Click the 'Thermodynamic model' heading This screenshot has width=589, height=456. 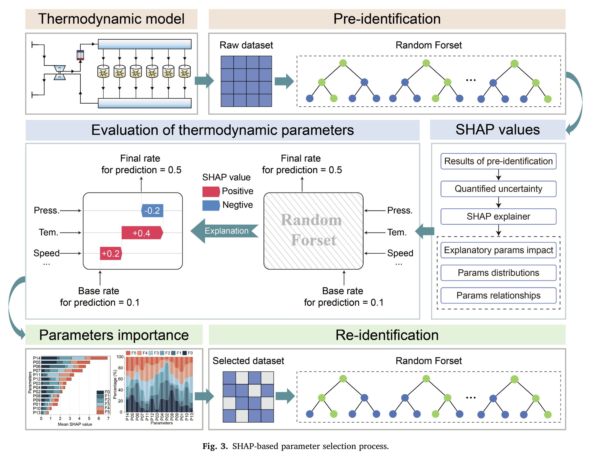111,19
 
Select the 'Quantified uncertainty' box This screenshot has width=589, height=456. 498,189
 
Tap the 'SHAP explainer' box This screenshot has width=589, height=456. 498,216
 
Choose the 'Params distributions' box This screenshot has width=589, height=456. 498,273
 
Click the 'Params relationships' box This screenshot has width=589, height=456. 498,296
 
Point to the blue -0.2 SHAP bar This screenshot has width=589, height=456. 152,211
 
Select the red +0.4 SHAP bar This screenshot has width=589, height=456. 142,233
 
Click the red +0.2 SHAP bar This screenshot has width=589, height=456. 111,253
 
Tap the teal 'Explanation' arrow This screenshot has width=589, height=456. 225,231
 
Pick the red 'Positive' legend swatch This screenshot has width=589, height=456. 211,191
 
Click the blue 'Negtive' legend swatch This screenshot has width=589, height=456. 211,205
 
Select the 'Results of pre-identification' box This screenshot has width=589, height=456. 498,161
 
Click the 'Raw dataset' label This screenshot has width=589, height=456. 246,45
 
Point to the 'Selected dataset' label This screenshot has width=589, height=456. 248,361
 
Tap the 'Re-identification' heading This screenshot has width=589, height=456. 387,335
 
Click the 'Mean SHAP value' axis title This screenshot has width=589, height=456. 75,424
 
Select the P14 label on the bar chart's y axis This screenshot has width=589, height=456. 37,358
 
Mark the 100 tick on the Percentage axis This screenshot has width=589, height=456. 120,357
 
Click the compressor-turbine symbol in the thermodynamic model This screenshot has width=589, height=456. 60,72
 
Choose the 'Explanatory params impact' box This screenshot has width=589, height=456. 498,250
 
